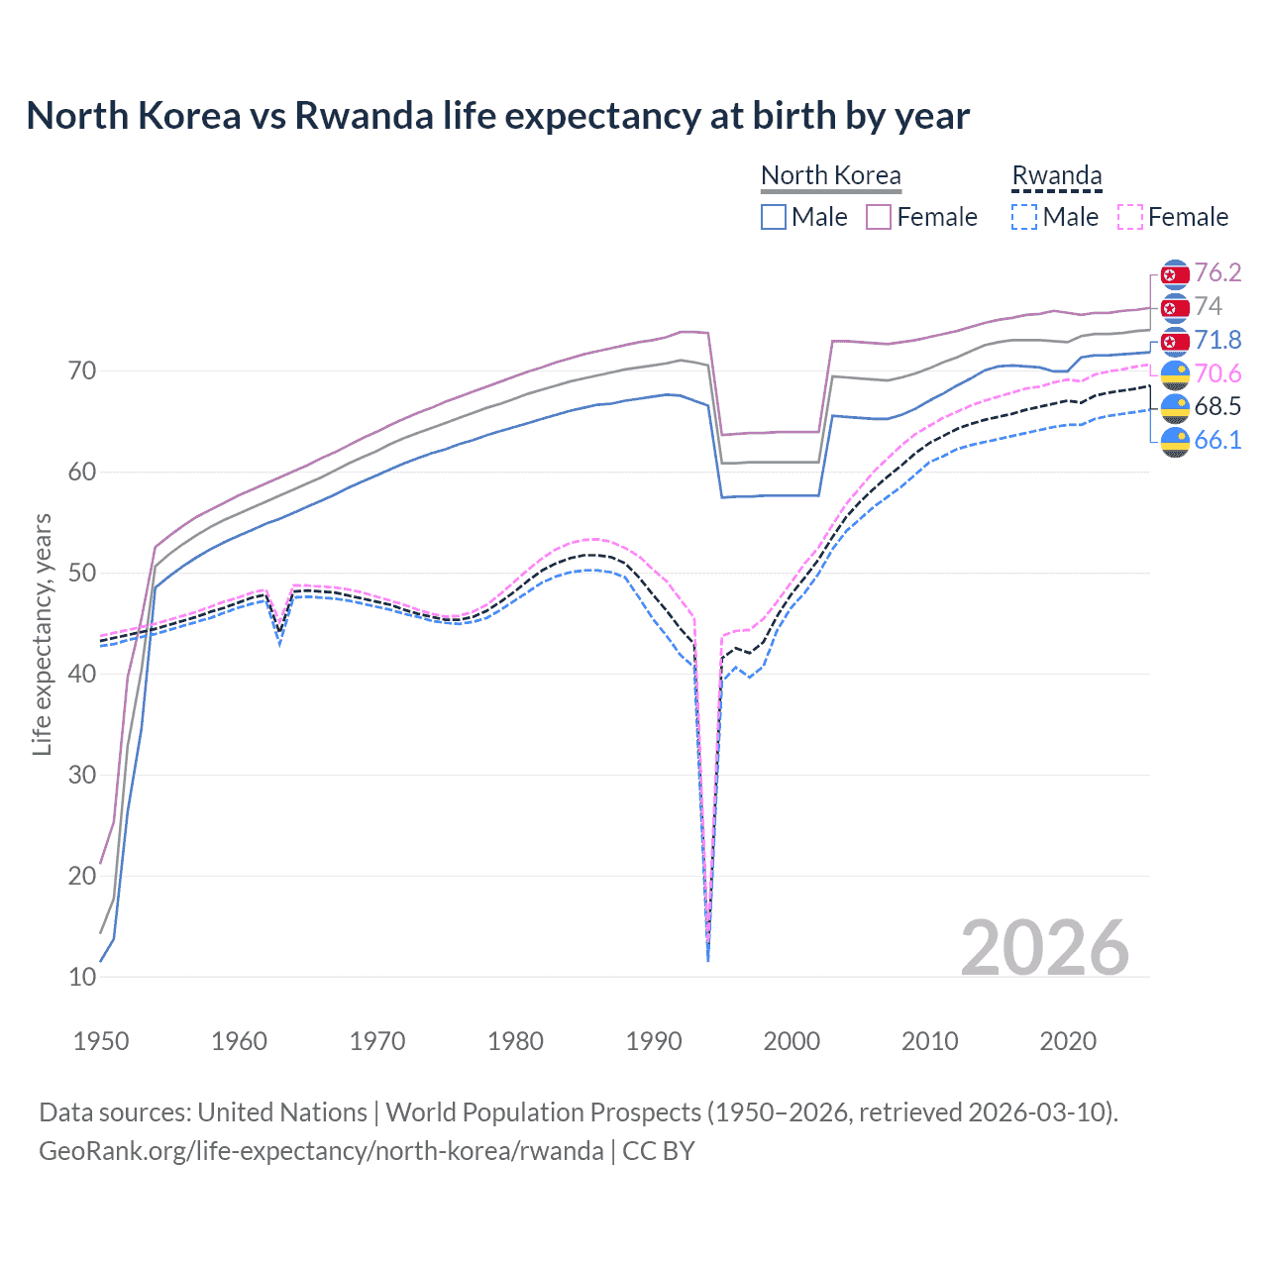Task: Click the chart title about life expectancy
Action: coord(497,116)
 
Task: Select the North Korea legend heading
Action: coord(830,175)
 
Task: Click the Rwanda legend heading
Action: coord(1056,175)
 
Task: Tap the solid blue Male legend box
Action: coord(774,217)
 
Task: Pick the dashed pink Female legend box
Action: coord(1129,217)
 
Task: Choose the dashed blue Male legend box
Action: coord(1024,217)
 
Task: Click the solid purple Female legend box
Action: coord(879,217)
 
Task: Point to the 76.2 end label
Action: coord(1217,272)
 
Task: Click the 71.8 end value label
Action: coord(1217,340)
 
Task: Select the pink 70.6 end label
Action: coord(1217,373)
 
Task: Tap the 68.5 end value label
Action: coord(1217,406)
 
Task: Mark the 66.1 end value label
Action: coord(1217,440)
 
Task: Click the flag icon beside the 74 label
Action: coord(1175,307)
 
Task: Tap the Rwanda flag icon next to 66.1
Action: coord(1175,441)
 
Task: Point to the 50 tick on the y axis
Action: coord(82,573)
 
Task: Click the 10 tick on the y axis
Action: coord(82,977)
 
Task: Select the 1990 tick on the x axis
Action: coord(654,1041)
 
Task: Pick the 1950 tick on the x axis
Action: coord(101,1041)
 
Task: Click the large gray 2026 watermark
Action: coord(1044,947)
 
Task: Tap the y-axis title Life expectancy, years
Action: coord(42,634)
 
